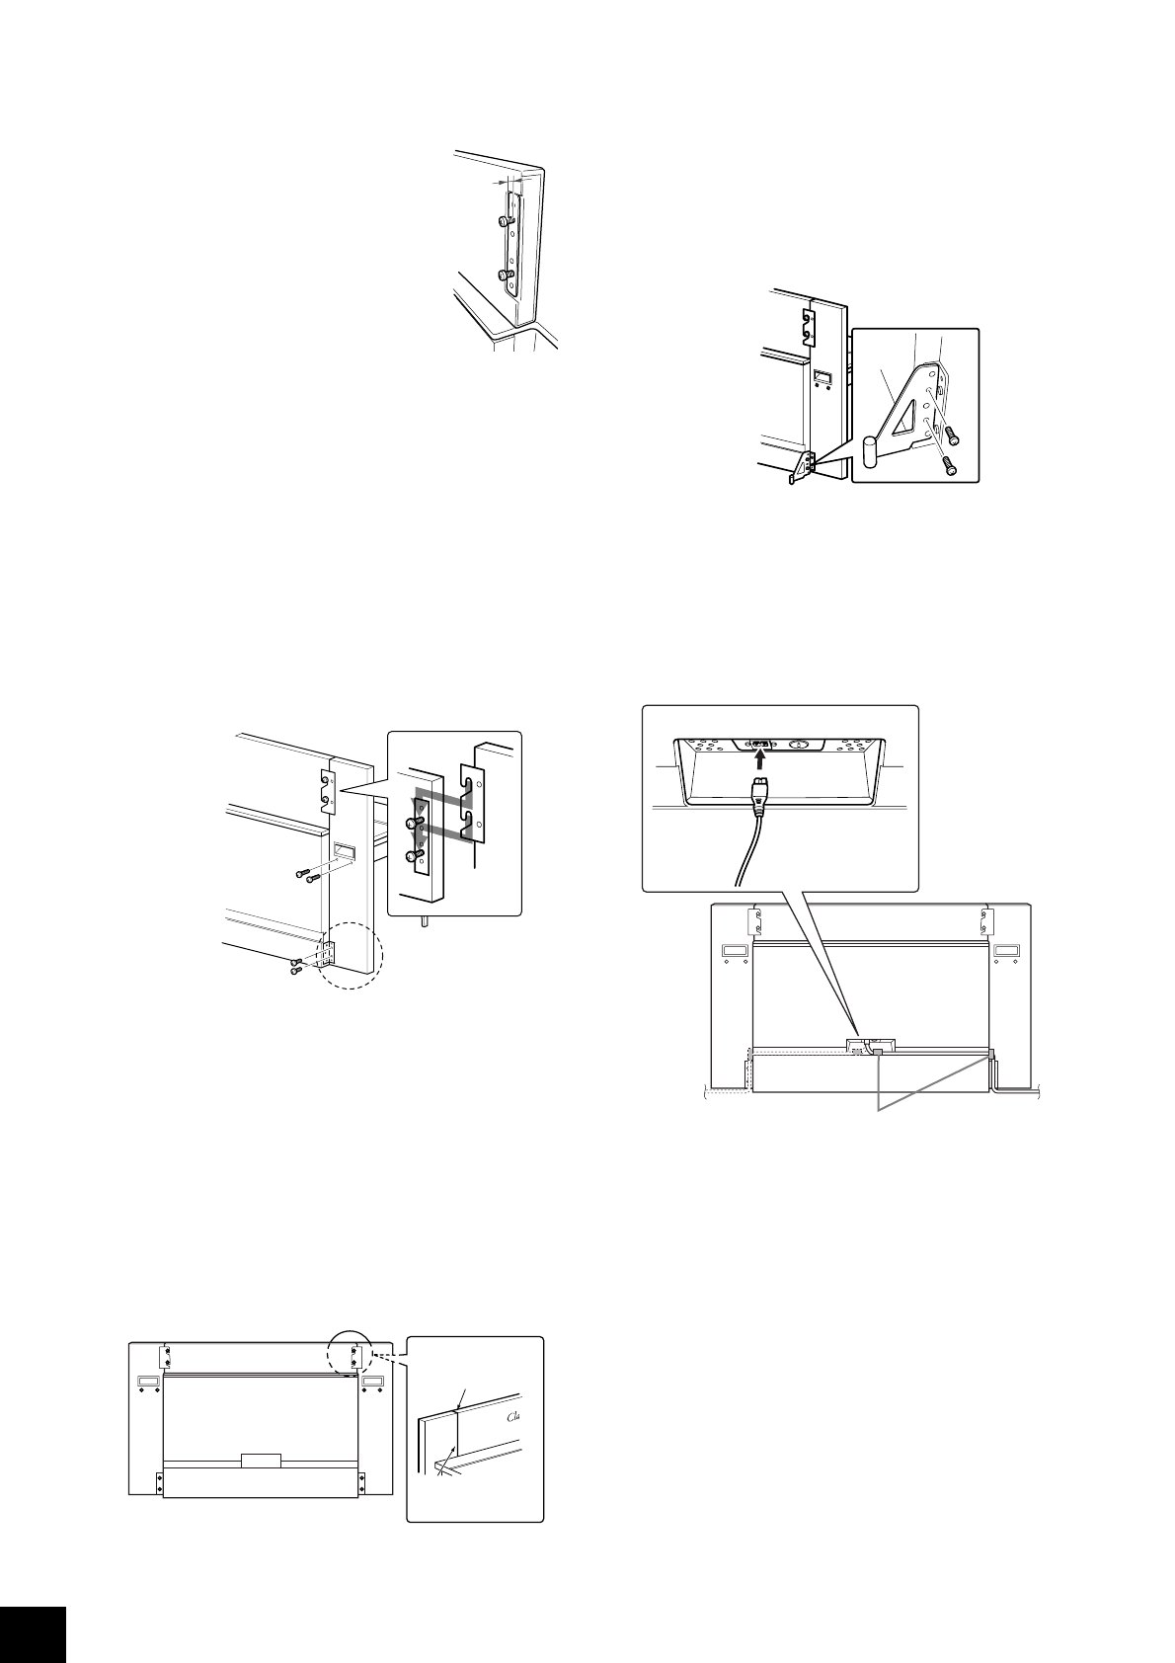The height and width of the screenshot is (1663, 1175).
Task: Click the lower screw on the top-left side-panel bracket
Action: (505, 275)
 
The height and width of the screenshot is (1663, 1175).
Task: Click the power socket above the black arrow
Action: (759, 744)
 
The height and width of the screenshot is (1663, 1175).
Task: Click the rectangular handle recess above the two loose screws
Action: (345, 850)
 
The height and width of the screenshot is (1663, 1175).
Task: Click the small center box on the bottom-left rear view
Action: (261, 1460)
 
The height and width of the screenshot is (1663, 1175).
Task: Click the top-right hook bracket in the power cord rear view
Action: (985, 921)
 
